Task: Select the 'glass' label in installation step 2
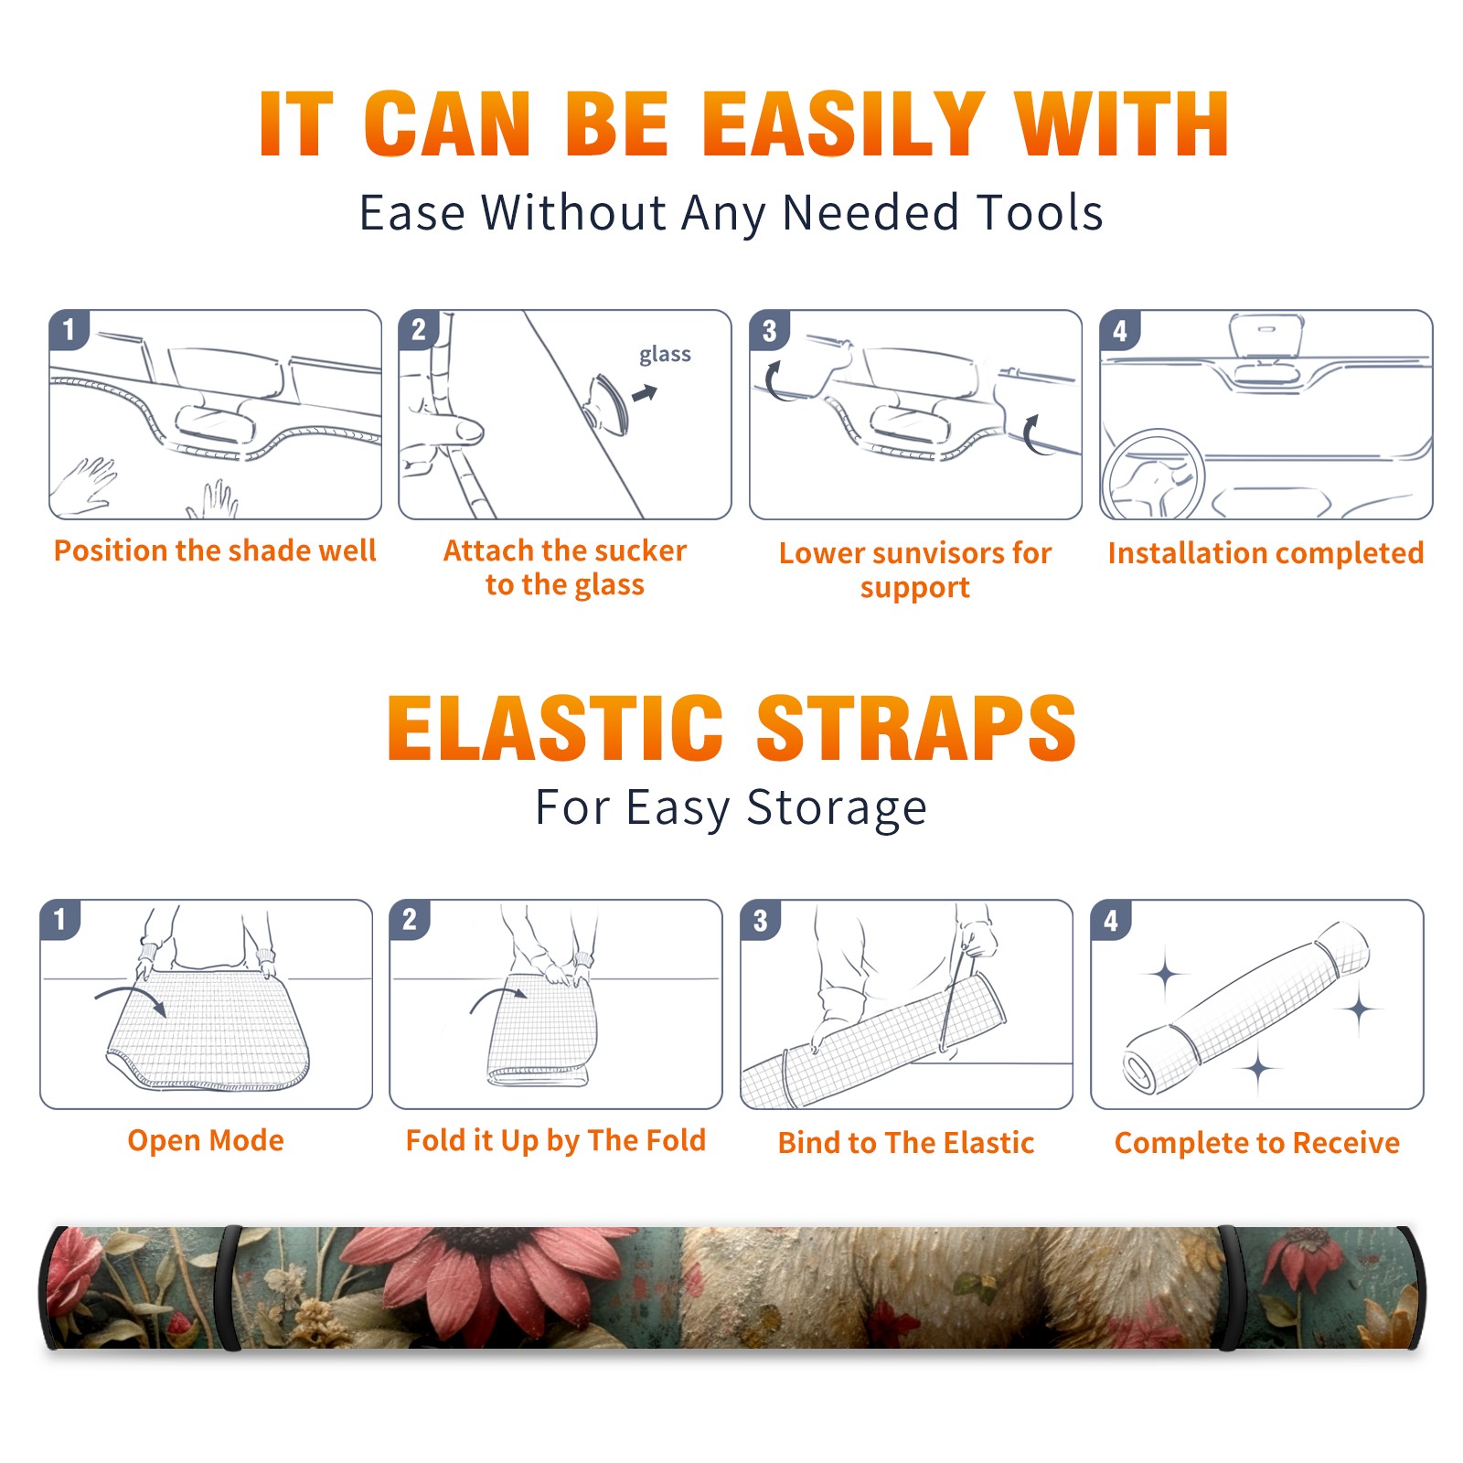point(665,355)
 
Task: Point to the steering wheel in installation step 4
point(1153,475)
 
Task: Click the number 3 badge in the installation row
point(769,330)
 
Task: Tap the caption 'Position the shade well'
point(215,550)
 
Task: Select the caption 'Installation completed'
point(1265,553)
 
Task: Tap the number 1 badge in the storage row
point(60,920)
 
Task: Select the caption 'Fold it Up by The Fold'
point(556,1140)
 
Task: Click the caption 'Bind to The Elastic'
point(906,1143)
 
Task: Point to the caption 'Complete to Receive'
point(1257,1143)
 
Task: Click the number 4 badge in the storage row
point(1111,920)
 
